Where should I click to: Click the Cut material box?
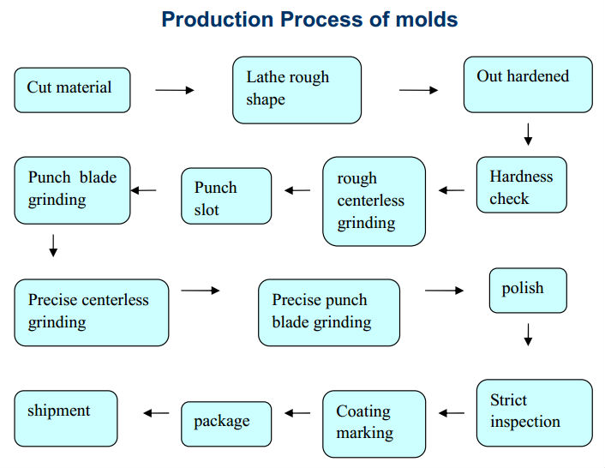tap(73, 90)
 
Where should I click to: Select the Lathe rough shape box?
tap(297, 90)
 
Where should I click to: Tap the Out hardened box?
tap(528, 85)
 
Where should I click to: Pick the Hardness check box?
tap(522, 185)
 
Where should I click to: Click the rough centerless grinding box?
tap(374, 201)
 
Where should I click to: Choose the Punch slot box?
tap(226, 196)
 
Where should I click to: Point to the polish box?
tap(528, 291)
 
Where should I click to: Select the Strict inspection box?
tap(535, 413)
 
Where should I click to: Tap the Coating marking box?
tap(374, 424)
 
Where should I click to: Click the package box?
tap(226, 424)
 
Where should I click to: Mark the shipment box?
tap(66, 418)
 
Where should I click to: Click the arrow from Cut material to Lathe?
tap(175, 90)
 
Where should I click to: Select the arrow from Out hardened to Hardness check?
tap(528, 135)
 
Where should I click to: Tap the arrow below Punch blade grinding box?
tap(53, 246)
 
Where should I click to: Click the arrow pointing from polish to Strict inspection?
tap(528, 335)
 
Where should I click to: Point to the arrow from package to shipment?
tap(156, 413)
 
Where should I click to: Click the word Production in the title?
tap(217, 20)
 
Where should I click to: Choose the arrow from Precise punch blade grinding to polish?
tap(444, 291)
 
